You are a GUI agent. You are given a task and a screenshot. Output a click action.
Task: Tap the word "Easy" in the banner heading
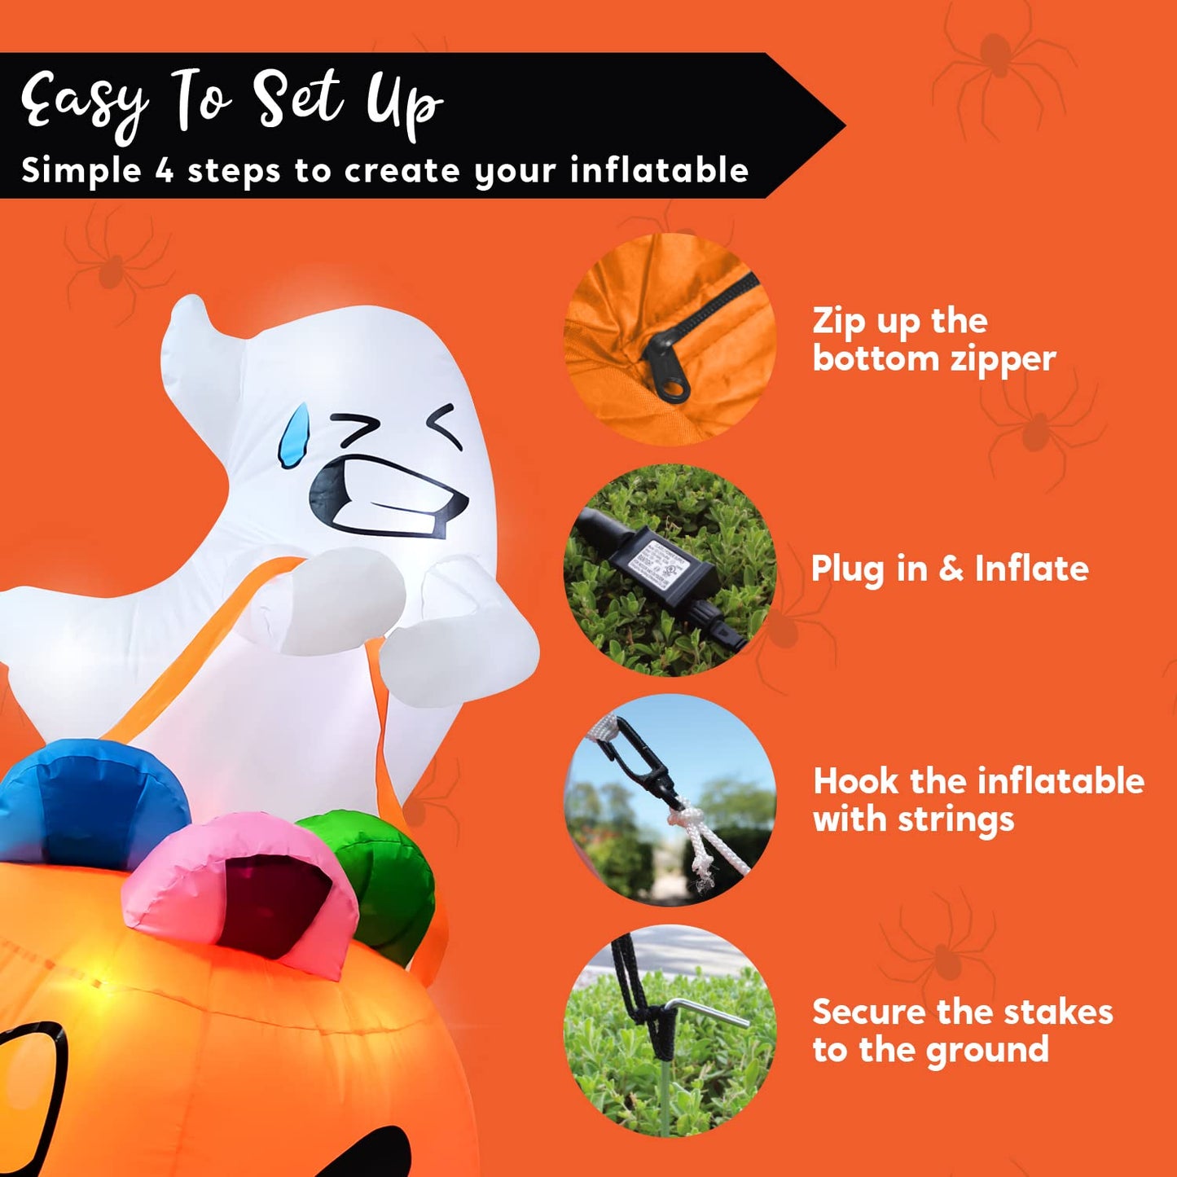[85, 102]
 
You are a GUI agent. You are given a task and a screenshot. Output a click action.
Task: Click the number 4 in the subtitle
[165, 171]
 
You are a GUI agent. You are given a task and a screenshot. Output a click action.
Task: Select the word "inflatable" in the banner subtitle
[659, 171]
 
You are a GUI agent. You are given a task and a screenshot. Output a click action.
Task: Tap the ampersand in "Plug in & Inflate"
[951, 569]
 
